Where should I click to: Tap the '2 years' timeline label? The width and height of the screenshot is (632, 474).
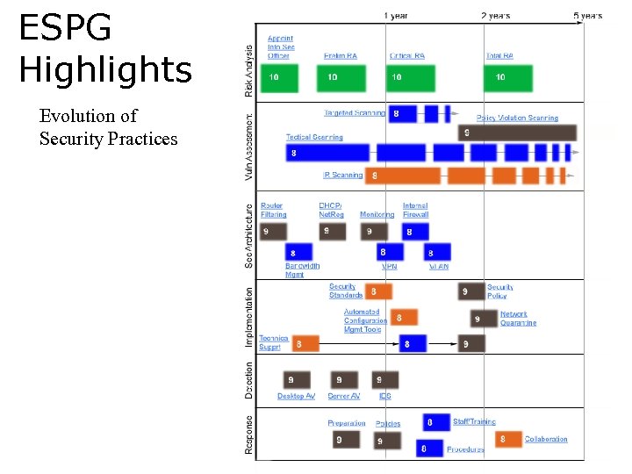[497, 16]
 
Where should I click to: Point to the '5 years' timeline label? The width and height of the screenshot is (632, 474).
[587, 16]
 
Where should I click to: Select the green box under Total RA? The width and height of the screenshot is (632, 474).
[508, 77]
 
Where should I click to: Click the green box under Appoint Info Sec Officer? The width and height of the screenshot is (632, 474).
[279, 77]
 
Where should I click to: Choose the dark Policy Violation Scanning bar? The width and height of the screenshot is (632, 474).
[517, 133]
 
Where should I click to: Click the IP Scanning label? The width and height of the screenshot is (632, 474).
[342, 175]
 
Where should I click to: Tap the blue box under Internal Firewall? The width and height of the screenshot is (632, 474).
[415, 232]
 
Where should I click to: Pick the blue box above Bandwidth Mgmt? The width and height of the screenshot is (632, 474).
[298, 252]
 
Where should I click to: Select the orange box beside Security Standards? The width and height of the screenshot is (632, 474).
[378, 291]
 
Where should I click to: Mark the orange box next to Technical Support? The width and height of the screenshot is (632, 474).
[305, 344]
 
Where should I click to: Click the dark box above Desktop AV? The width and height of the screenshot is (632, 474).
[297, 380]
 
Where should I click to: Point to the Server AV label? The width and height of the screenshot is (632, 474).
[343, 397]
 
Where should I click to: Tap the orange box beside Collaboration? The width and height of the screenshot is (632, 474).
[508, 438]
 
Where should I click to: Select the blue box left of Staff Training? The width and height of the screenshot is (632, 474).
[435, 422]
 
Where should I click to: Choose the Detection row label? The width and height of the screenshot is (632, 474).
[249, 380]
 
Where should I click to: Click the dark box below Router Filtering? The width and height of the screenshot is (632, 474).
[273, 232]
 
